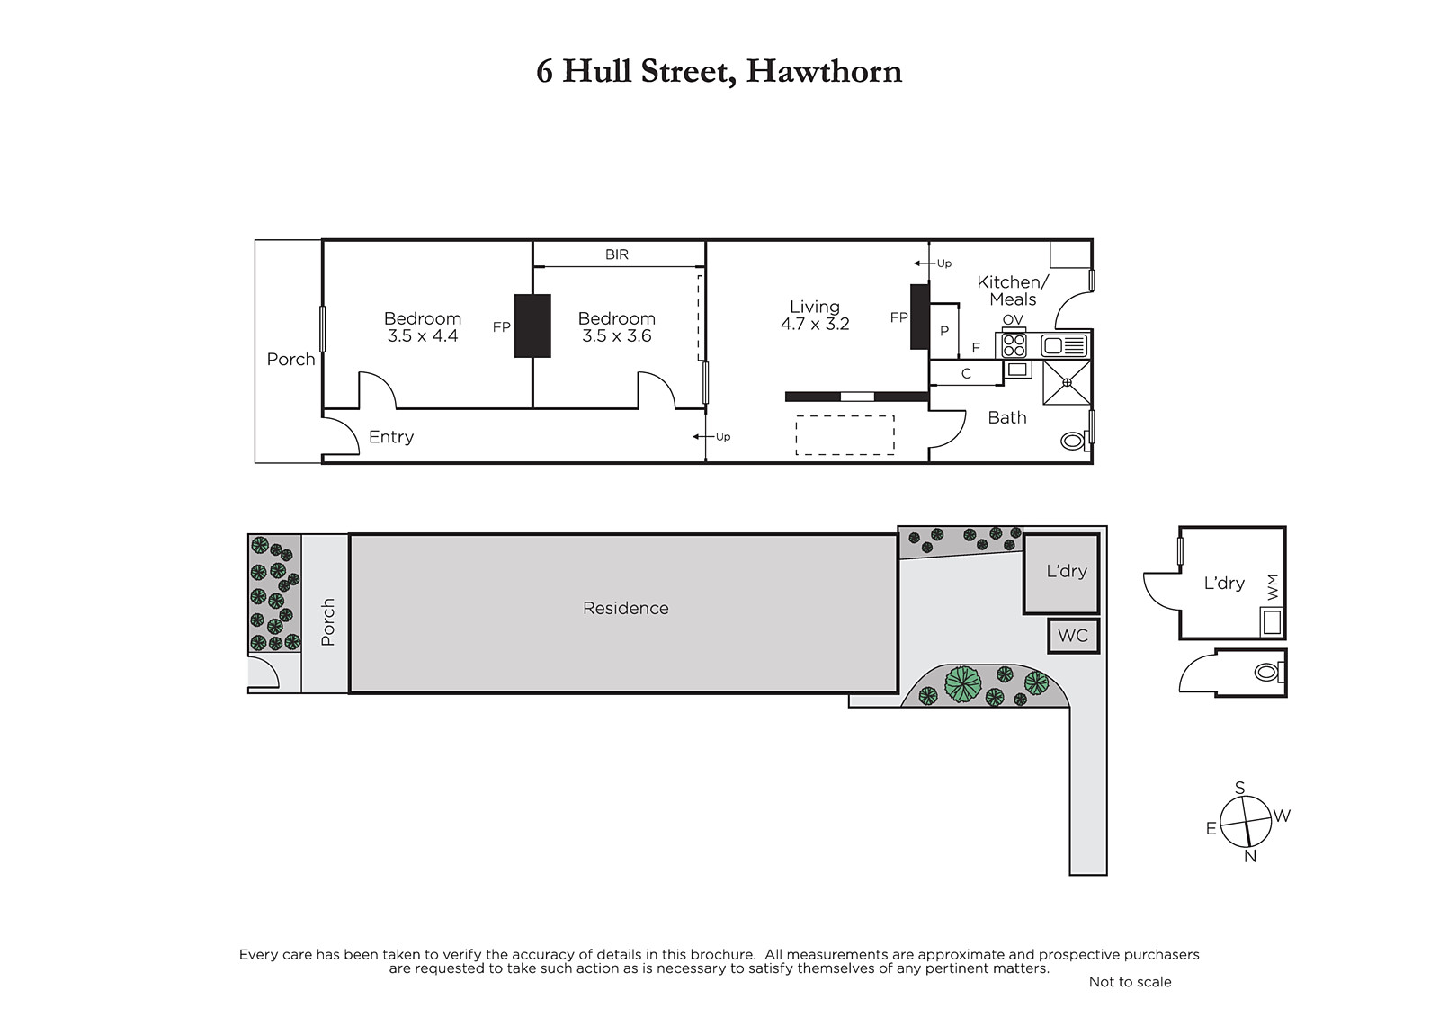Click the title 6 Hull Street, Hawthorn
(x=719, y=71)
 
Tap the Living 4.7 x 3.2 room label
(x=815, y=316)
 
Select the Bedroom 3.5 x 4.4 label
(x=422, y=327)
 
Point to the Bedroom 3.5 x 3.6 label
(x=617, y=327)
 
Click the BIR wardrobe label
(x=617, y=254)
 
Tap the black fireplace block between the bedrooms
(x=532, y=326)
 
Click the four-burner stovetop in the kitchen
(x=1014, y=345)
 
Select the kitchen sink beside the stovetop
(x=1065, y=345)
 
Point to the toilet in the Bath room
(x=1074, y=442)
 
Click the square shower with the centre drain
(x=1067, y=382)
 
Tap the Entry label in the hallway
(x=391, y=437)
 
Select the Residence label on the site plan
(x=626, y=608)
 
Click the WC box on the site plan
(x=1074, y=636)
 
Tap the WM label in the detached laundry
(x=1273, y=587)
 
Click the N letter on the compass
(x=1250, y=856)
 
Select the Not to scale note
(x=1130, y=982)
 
